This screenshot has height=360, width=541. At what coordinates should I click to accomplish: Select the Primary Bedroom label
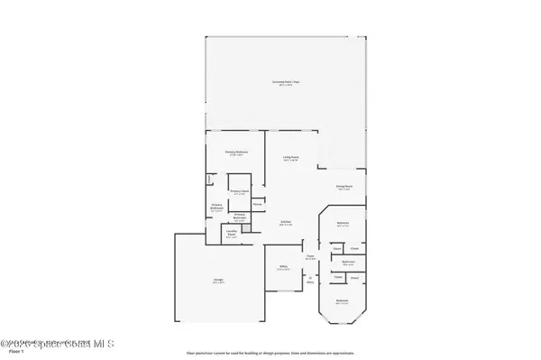coord(236,154)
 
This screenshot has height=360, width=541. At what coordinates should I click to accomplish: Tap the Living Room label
coord(290,159)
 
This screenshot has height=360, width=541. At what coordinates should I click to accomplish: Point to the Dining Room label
coord(344,187)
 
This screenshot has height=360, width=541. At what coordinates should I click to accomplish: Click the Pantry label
coord(257,205)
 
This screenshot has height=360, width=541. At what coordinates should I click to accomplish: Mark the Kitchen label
coord(284,223)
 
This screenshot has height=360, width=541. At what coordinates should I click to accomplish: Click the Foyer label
coord(309,257)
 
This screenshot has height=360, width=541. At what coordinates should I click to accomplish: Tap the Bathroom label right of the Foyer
coord(347,263)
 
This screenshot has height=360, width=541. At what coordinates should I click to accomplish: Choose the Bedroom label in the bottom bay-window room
coord(342,301)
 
